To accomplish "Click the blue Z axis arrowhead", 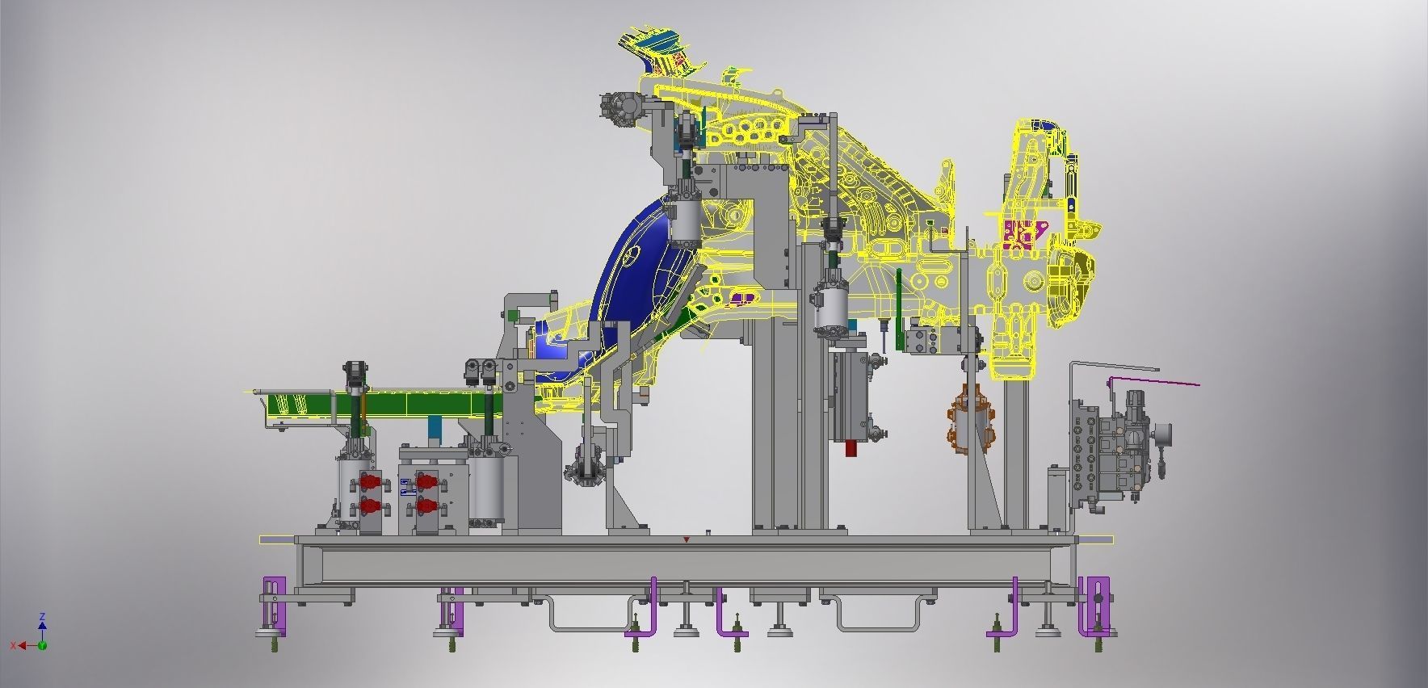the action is [42, 624].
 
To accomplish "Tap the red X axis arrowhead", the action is [22, 645].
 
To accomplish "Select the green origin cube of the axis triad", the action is [42, 645].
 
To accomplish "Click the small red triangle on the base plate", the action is [687, 539].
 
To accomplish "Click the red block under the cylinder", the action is [851, 448].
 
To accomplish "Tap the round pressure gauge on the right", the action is [1164, 434].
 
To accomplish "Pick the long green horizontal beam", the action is [380, 403].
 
